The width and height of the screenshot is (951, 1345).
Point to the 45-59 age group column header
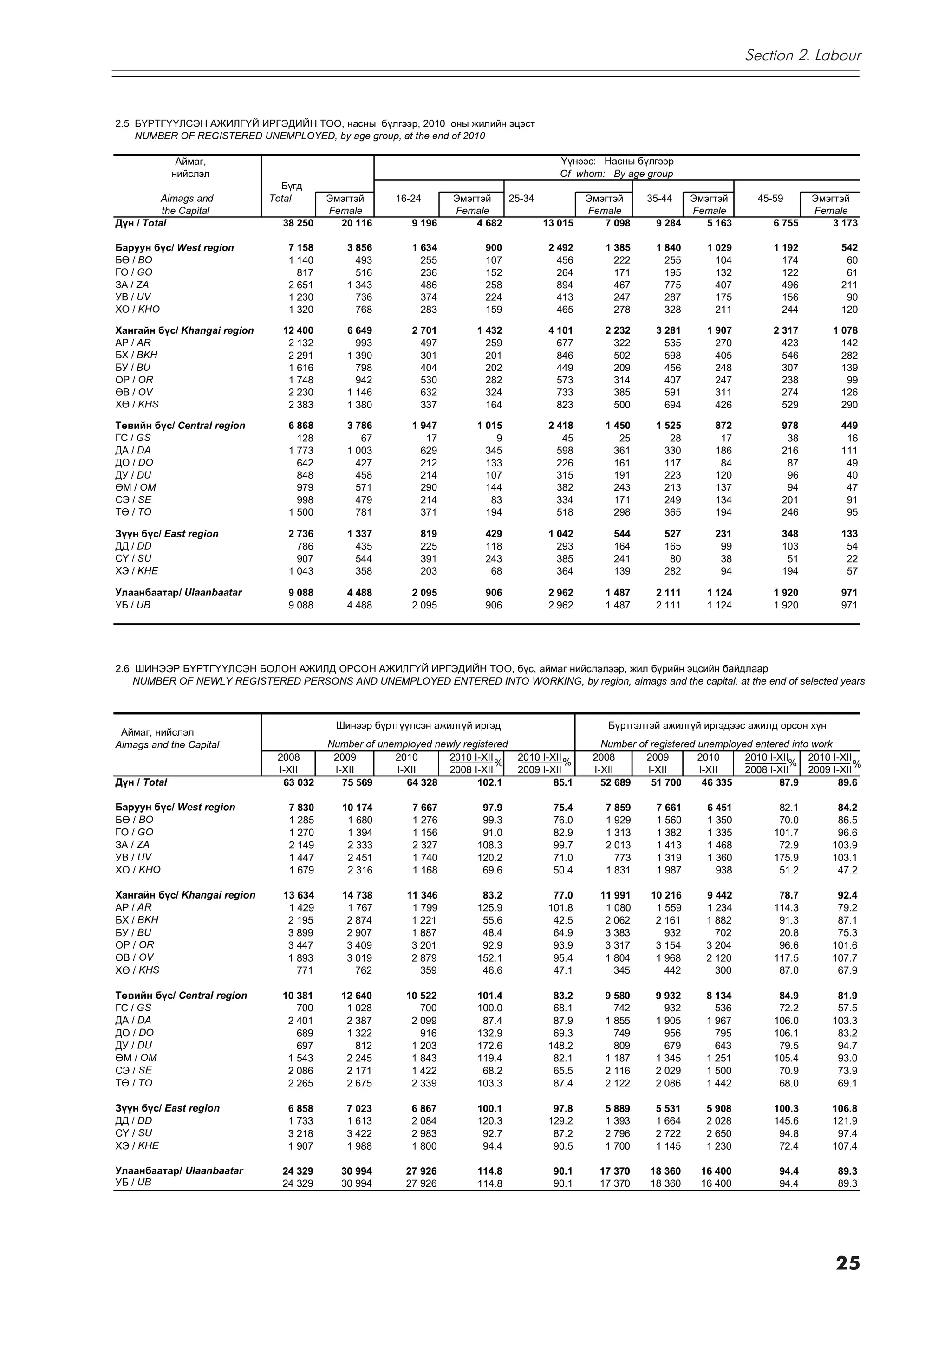769,199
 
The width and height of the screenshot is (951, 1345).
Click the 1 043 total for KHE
300,571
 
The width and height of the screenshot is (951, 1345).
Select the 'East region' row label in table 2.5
167,534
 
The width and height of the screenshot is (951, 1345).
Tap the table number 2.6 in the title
122,668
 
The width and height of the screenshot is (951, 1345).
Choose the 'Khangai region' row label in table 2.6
185,895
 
